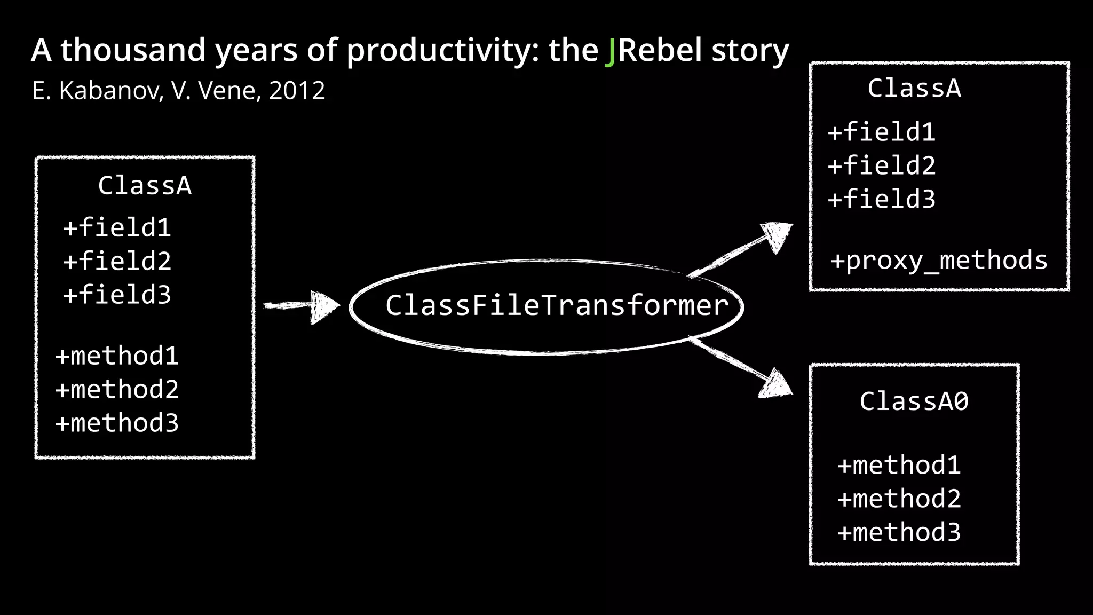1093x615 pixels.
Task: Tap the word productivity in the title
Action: pyautogui.click(x=438, y=51)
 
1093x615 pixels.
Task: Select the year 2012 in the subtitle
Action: pyautogui.click(x=297, y=91)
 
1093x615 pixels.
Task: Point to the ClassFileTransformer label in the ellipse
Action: pyautogui.click(x=557, y=306)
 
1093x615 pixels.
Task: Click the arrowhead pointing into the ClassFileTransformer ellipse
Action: pyautogui.click(x=324, y=306)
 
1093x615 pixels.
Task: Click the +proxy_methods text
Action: pyautogui.click(x=939, y=261)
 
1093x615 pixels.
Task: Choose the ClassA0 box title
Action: pyautogui.click(x=914, y=401)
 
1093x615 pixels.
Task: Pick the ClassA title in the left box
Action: pyautogui.click(x=145, y=186)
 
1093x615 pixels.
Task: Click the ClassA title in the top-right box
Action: pyautogui.click(x=914, y=89)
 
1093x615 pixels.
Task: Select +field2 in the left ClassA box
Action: pyautogui.click(x=117, y=262)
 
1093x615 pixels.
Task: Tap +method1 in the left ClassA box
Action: pyautogui.click(x=117, y=356)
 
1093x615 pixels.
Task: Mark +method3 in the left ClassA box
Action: pyautogui.click(x=117, y=423)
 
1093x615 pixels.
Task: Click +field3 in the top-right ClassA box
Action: pyautogui.click(x=882, y=200)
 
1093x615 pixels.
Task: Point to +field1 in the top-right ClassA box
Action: pyautogui.click(x=882, y=132)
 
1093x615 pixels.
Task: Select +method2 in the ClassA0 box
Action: pyautogui.click(x=899, y=499)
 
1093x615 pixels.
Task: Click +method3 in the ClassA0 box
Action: pyautogui.click(x=899, y=533)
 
